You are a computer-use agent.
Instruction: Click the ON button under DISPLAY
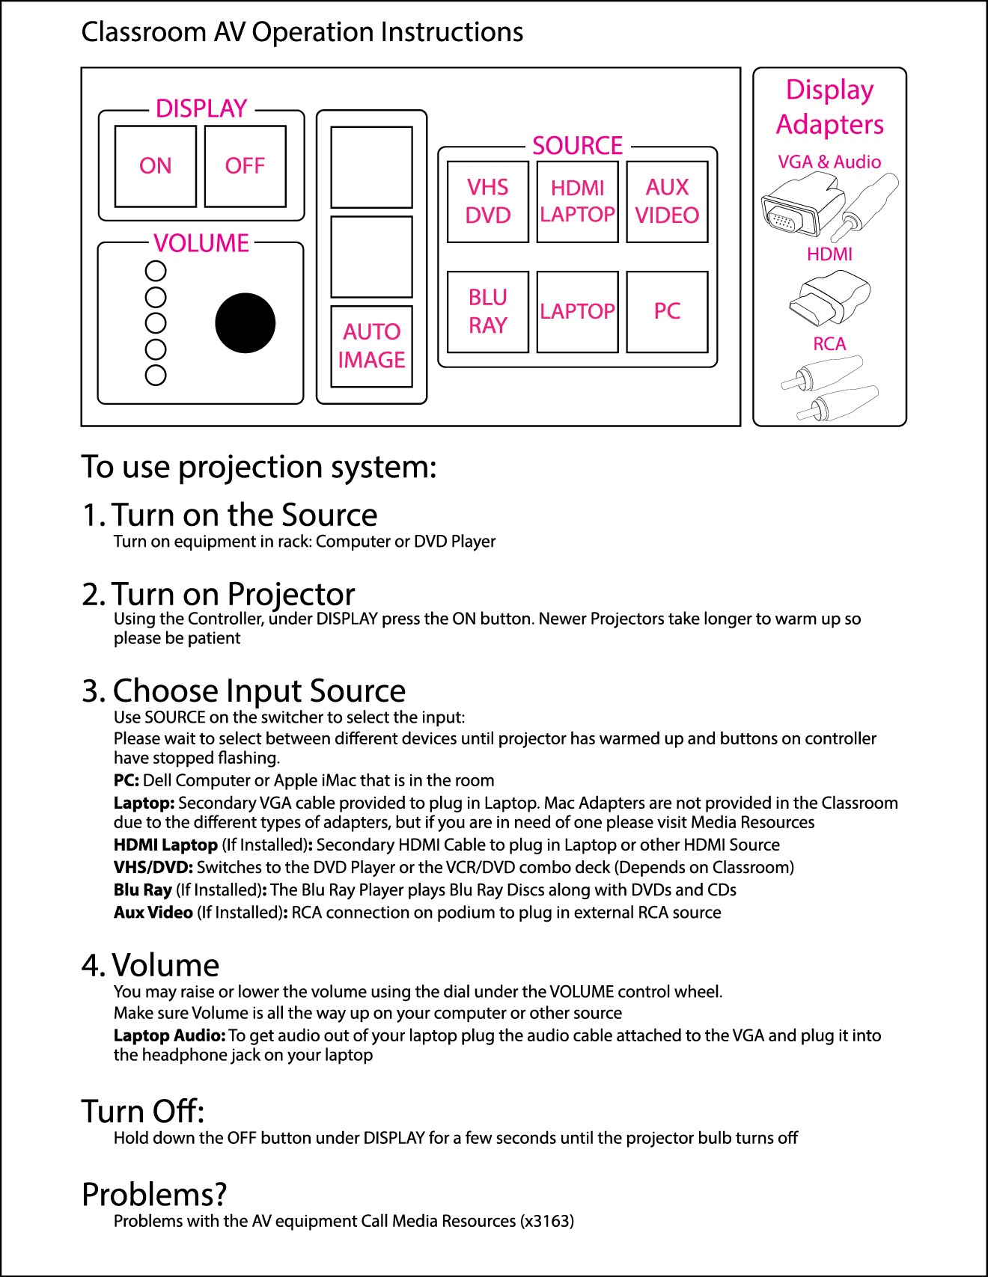click(x=155, y=166)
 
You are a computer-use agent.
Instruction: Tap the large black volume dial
click(x=245, y=322)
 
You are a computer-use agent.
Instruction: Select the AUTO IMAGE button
click(x=371, y=346)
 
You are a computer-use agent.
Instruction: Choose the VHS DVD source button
click(x=487, y=201)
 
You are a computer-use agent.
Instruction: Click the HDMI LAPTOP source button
click(x=577, y=201)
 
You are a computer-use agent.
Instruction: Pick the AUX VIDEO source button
click(x=667, y=201)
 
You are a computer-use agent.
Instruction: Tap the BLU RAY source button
click(x=487, y=311)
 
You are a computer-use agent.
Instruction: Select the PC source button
click(x=667, y=311)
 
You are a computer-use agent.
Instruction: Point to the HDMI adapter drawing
click(x=829, y=298)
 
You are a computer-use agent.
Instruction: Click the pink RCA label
click(x=829, y=344)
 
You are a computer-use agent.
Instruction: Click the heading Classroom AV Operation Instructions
click(x=302, y=32)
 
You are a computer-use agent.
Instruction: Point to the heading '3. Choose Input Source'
click(x=244, y=690)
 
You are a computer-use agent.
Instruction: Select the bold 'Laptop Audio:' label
click(x=169, y=1035)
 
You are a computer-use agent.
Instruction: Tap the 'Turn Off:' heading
click(x=143, y=1112)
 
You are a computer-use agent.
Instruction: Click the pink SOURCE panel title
click(x=577, y=145)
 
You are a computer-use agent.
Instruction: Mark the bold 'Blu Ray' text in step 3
click(x=143, y=890)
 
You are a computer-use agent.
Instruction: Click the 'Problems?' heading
click(x=154, y=1195)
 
